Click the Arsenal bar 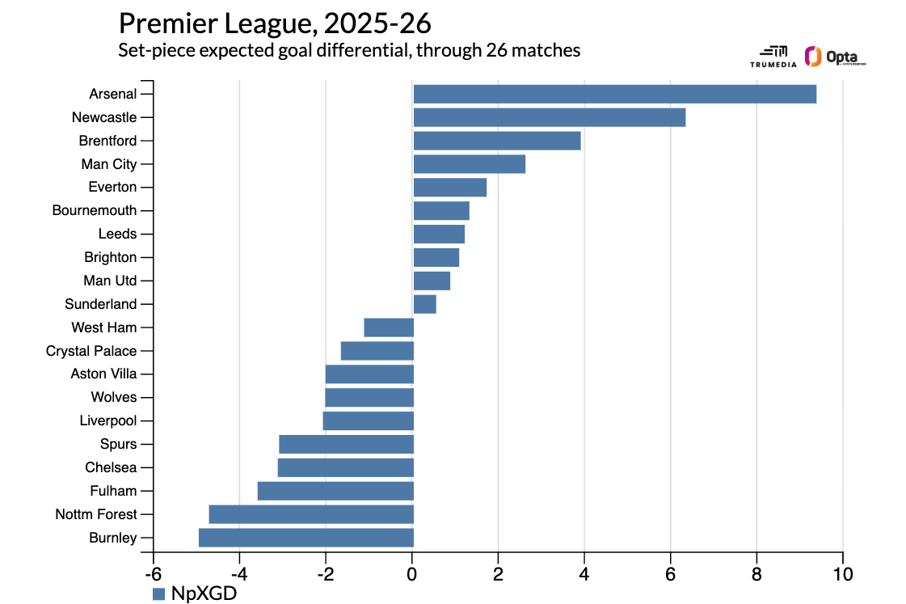tap(614, 94)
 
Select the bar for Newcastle tap(549, 117)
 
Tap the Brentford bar tap(496, 141)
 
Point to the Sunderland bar tap(424, 304)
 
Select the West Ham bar tap(388, 327)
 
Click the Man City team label tap(109, 164)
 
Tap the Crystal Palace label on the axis tap(91, 351)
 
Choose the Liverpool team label tap(108, 420)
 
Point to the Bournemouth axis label tap(95, 210)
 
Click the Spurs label tap(118, 444)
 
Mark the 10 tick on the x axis tap(843, 575)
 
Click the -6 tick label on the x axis tap(153, 575)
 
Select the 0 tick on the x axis tap(412, 575)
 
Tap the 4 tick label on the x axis tap(584, 575)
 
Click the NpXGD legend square tap(159, 593)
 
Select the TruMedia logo tap(773, 56)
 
